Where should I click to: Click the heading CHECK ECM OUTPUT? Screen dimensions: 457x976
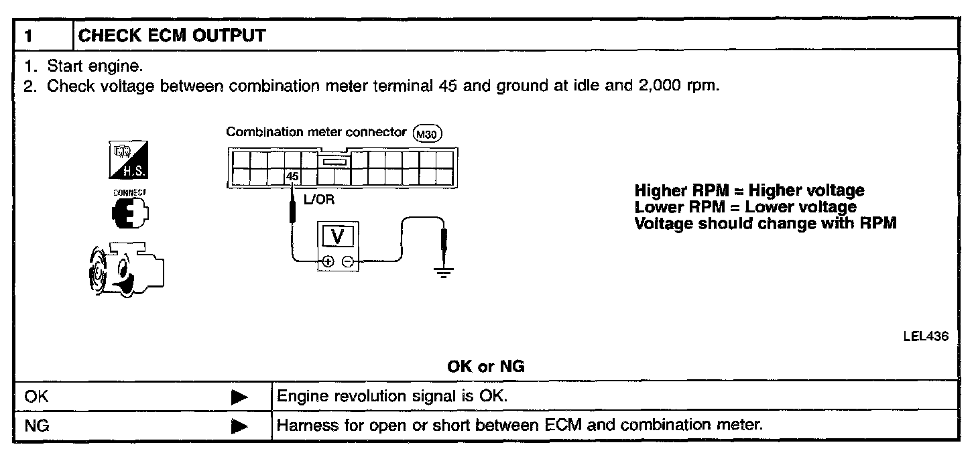point(172,36)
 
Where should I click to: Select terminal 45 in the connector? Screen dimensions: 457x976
point(292,177)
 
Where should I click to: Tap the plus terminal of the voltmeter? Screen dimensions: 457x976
point(328,262)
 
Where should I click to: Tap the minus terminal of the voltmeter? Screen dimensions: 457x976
point(347,262)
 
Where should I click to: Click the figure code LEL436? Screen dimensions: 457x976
point(926,337)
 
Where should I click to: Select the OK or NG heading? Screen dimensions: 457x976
point(486,367)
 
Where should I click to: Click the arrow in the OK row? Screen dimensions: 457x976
point(239,397)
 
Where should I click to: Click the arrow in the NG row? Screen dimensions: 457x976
point(239,426)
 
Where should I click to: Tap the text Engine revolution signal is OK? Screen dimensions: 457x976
point(392,396)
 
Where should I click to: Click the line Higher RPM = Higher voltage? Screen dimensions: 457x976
point(749,191)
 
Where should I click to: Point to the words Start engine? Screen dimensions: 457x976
point(95,67)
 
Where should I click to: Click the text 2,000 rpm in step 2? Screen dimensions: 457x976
point(676,86)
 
